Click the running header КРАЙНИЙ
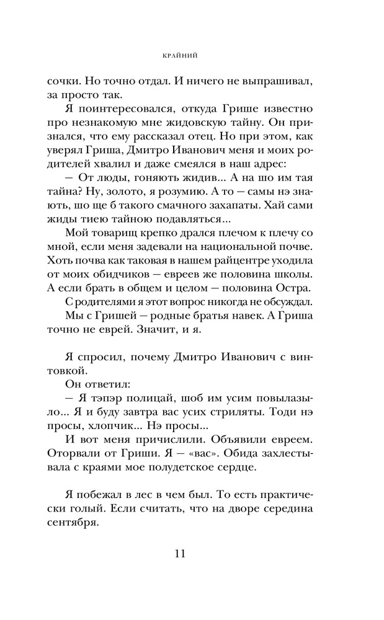coord(192,55)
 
